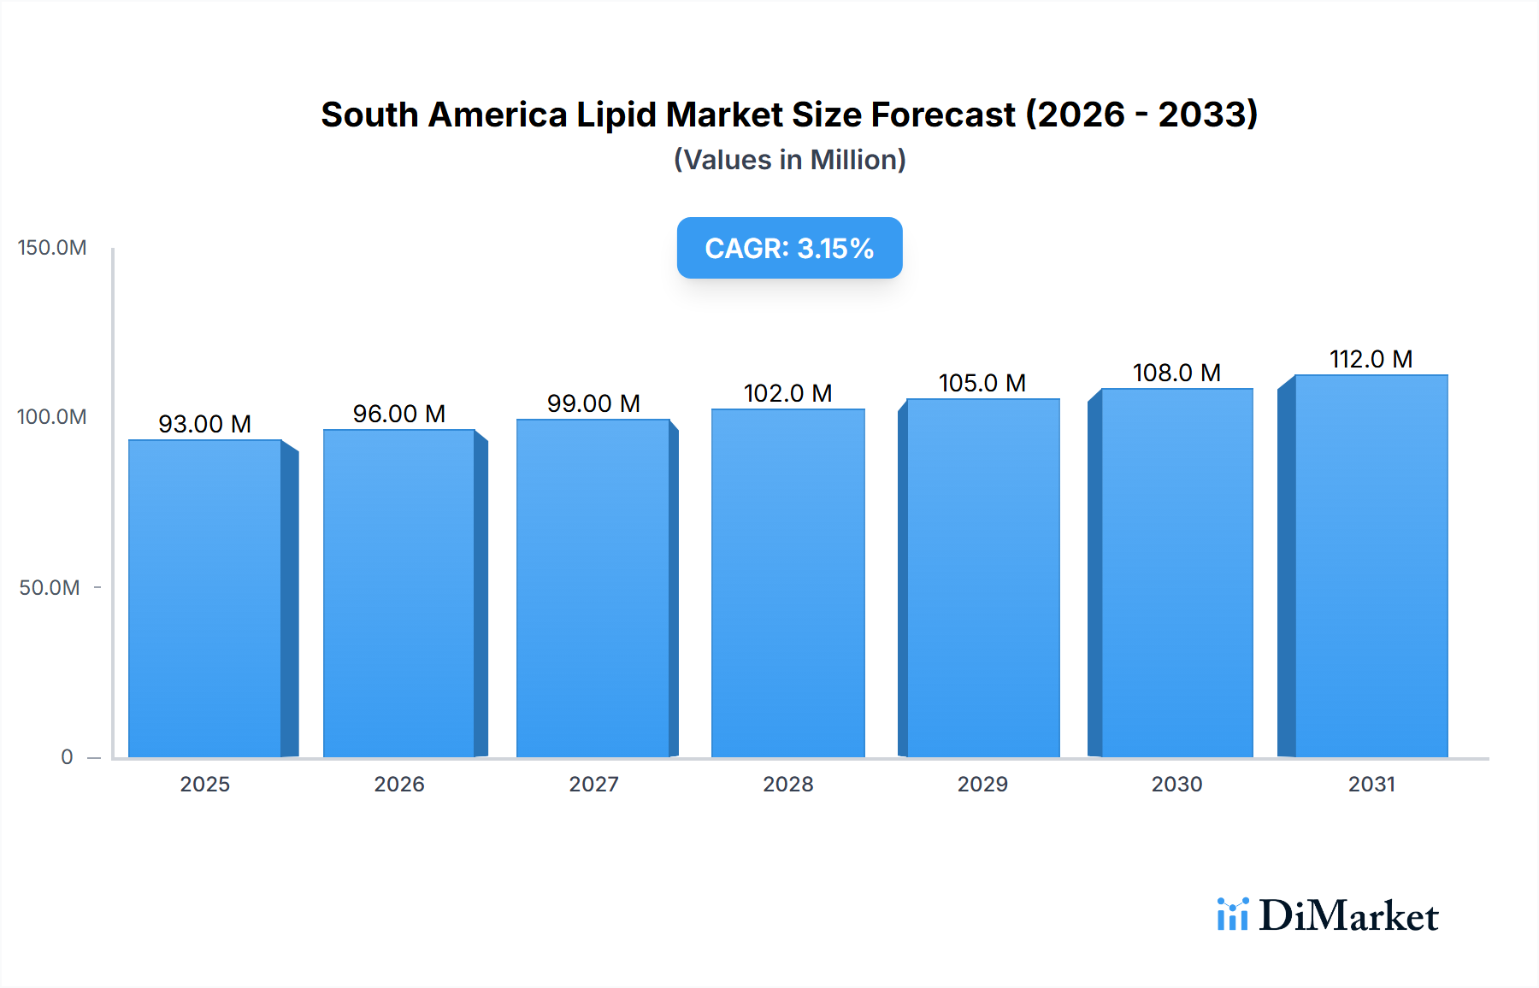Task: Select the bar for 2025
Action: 205,598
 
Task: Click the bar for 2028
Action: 787,583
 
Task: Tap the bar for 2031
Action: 1371,566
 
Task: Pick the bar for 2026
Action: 398,593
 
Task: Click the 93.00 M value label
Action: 205,424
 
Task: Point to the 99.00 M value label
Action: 593,403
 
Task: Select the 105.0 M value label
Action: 982,383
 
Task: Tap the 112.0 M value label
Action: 1371,359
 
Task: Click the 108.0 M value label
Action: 1176,373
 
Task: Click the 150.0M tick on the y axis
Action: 52,248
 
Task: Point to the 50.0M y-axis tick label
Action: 50,588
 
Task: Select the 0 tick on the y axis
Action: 67,757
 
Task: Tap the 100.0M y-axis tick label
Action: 52,417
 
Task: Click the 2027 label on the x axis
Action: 593,785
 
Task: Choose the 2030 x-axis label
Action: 1176,785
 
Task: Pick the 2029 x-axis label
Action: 982,785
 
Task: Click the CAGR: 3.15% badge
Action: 789,248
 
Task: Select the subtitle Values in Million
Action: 789,160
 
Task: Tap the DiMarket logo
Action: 1328,915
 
